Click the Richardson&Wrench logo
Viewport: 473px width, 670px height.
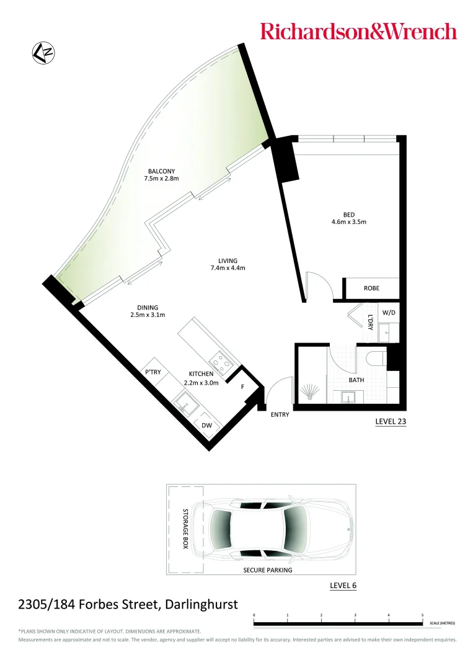[x=358, y=31]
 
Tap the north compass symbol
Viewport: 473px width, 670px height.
[x=42, y=53]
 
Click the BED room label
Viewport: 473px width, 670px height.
[x=348, y=215]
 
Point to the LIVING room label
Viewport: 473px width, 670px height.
[x=228, y=261]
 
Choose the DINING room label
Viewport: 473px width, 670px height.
[x=148, y=308]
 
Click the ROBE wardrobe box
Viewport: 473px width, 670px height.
[x=371, y=288]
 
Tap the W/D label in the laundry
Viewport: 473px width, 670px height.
[x=388, y=313]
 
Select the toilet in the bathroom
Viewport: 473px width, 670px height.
[x=376, y=360]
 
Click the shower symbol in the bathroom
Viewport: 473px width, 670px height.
[x=309, y=393]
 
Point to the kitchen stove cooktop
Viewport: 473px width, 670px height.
[x=219, y=359]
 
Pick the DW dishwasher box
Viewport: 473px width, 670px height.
[x=206, y=426]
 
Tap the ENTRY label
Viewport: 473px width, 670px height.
[x=280, y=414]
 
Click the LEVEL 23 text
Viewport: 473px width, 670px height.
[x=390, y=421]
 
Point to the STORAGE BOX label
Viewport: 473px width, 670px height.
[x=185, y=529]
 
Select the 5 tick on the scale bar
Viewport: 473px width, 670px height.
[x=422, y=615]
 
